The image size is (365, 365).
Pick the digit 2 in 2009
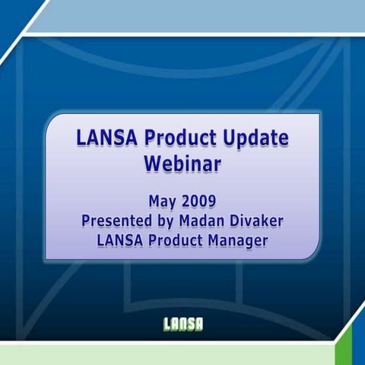click(185, 202)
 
